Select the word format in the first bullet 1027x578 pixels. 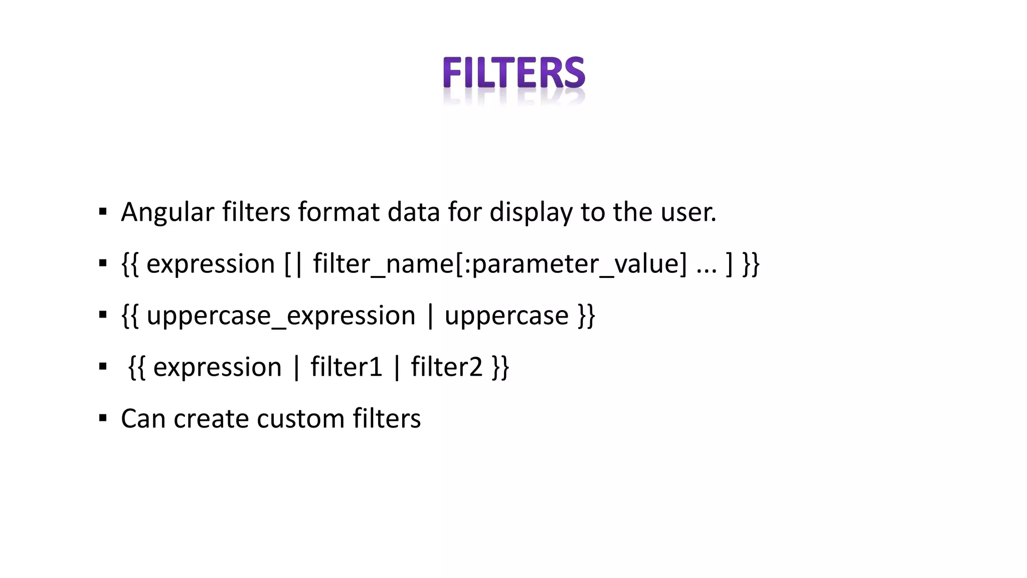338,212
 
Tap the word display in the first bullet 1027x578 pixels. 531,212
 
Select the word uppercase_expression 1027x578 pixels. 281,316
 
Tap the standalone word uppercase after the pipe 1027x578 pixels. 506,316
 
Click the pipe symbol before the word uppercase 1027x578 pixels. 430,316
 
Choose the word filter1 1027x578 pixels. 346,367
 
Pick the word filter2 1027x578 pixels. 446,367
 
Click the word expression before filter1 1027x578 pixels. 217,367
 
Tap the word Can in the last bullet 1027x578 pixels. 143,418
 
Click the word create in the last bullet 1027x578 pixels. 211,418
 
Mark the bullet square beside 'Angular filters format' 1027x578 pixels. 103,212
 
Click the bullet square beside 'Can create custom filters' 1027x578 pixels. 103,418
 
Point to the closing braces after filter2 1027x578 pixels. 500,367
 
